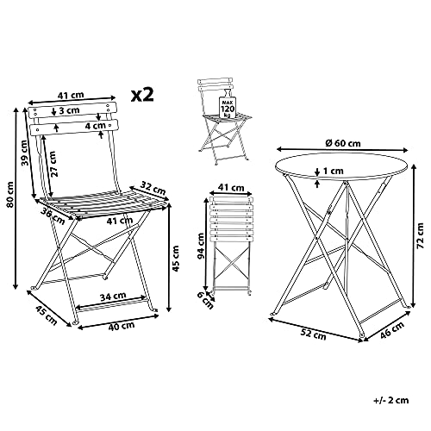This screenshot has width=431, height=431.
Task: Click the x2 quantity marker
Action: [142, 95]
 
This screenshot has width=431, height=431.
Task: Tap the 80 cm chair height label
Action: [10, 194]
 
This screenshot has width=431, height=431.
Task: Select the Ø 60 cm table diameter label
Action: [343, 142]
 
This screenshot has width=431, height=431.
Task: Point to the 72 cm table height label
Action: [420, 235]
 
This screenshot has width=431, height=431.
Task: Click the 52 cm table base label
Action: [313, 334]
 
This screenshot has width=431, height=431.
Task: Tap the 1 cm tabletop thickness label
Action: [334, 171]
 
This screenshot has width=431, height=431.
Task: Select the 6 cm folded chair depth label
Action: [206, 300]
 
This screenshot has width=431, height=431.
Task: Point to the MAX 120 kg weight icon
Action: [228, 104]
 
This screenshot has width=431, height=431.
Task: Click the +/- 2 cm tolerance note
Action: [391, 400]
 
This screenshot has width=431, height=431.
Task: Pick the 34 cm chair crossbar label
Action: [113, 296]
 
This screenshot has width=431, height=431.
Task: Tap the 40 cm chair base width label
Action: [122, 326]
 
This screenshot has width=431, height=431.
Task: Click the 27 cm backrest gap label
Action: [53, 164]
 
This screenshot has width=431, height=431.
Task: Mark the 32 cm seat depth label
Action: [153, 188]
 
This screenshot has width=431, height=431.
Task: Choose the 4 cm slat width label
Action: [95, 126]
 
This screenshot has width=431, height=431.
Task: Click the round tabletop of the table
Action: [341, 166]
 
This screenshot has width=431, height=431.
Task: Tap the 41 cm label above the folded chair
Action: [231, 188]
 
